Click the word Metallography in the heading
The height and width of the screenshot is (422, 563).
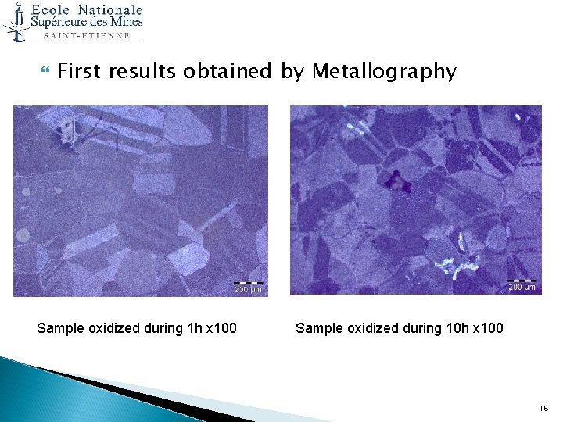point(384,72)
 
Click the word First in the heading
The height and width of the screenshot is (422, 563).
point(80,71)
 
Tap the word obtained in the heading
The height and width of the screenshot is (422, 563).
point(227,72)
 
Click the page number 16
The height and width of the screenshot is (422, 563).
point(544,409)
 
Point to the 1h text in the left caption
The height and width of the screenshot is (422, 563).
point(189,328)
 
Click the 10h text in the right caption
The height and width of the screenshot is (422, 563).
point(451,328)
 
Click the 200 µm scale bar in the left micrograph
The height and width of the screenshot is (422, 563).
point(249,284)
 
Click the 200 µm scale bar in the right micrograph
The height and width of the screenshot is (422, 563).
point(522,283)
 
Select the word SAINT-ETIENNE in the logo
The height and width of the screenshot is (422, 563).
point(87,36)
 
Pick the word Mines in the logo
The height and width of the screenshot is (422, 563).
point(125,22)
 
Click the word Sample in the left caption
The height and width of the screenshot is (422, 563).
point(59,328)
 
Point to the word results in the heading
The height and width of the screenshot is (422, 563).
point(143,72)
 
